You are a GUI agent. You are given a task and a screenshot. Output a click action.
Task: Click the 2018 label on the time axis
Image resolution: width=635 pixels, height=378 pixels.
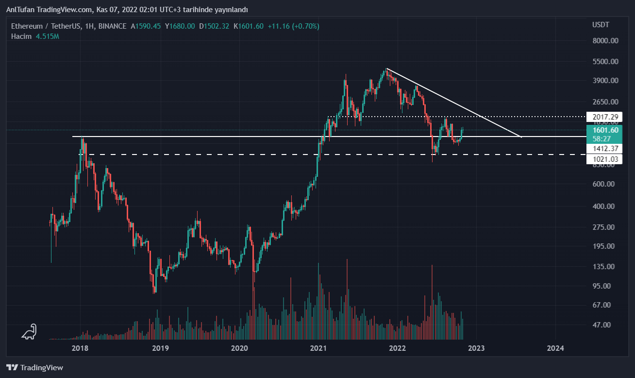(x=80, y=348)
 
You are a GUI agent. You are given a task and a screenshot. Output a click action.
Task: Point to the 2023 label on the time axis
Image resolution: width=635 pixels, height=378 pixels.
(x=476, y=348)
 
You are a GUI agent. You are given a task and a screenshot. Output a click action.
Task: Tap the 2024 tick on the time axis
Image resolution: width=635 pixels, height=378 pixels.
(x=555, y=348)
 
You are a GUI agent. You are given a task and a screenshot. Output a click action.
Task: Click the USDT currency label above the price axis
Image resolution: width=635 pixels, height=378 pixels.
(x=601, y=24)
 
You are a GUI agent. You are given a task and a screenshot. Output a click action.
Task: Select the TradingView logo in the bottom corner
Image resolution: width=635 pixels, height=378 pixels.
(x=34, y=368)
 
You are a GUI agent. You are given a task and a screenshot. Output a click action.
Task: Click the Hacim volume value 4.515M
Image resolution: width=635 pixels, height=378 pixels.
(x=47, y=36)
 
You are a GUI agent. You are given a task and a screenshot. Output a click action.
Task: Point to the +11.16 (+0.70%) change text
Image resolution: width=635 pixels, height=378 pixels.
(x=293, y=26)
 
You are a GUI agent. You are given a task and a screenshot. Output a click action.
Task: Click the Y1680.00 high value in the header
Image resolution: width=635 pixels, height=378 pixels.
(x=180, y=26)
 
